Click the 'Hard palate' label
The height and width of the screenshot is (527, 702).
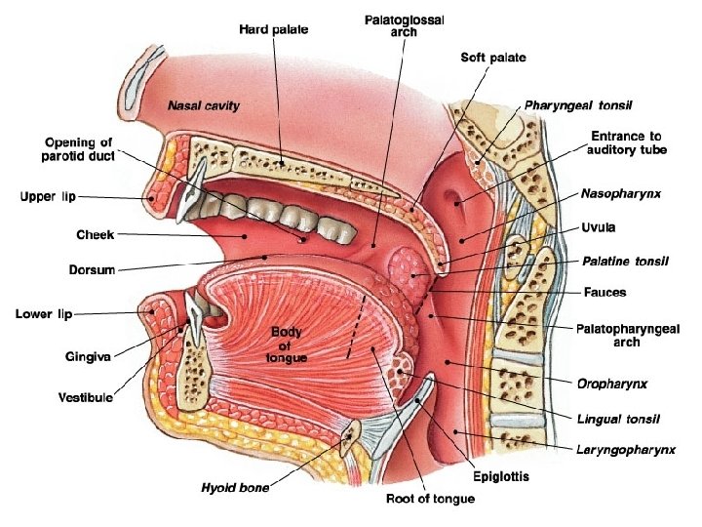click(274, 29)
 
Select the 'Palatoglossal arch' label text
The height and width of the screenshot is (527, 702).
click(390, 25)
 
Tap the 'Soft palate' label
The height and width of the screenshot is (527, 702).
click(492, 58)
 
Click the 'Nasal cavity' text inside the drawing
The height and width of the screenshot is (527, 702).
click(204, 104)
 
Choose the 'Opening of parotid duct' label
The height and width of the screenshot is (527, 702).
click(79, 149)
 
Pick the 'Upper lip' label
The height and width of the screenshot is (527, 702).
click(48, 197)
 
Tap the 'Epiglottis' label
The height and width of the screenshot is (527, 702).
click(500, 477)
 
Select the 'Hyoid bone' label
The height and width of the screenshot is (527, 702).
click(235, 485)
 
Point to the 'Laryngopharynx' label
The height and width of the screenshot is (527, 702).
click(623, 450)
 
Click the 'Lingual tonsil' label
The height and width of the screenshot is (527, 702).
click(617, 419)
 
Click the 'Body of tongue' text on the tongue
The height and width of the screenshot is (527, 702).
click(289, 345)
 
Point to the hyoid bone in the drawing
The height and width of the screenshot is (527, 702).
click(347, 436)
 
